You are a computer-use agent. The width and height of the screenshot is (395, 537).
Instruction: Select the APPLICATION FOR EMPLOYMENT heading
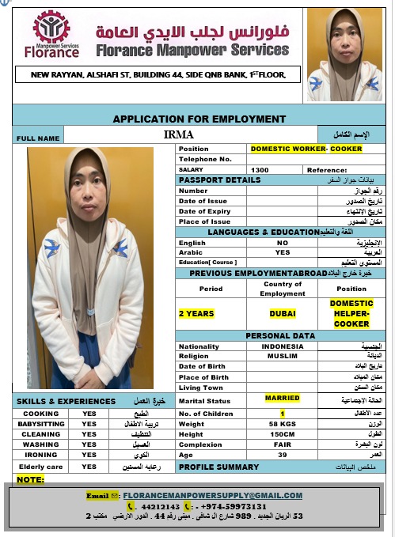199,119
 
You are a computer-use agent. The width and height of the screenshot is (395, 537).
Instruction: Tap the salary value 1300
260,169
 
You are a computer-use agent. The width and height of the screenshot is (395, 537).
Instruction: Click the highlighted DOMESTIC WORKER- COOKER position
306,149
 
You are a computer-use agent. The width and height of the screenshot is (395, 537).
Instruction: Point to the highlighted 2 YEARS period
196,313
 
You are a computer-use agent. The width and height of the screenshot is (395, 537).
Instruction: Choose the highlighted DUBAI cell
282,313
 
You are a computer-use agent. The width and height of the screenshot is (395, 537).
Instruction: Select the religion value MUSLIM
283,356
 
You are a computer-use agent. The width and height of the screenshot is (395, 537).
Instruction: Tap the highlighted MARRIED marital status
283,398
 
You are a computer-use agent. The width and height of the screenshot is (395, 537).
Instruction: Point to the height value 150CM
283,434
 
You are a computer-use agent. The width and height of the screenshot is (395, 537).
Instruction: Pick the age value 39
283,455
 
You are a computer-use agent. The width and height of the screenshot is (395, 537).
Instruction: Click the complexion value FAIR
283,444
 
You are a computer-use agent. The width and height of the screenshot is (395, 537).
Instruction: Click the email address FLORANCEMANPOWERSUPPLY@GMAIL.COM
212,496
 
